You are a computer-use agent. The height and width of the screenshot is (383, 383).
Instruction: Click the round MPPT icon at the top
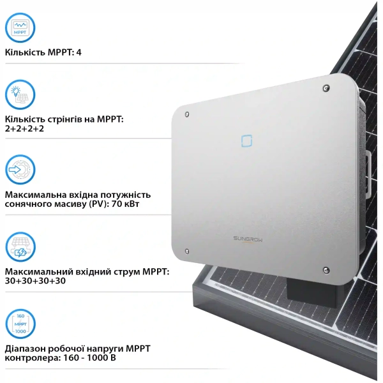pyautogui.click(x=20, y=27)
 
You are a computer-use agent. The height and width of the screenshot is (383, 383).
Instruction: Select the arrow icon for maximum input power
pyautogui.click(x=20, y=169)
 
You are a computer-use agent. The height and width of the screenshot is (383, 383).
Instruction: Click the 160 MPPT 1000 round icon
pyautogui.click(x=20, y=324)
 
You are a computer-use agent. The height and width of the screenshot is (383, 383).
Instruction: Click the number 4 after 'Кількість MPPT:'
pyautogui.click(x=79, y=52)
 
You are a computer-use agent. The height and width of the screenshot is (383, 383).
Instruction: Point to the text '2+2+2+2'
pyautogui.click(x=26, y=128)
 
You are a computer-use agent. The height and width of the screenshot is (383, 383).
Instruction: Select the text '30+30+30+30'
pyautogui.click(x=35, y=281)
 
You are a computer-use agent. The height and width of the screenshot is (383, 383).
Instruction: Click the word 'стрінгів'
pyautogui.click(x=68, y=119)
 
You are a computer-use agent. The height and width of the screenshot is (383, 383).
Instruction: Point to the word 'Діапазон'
pyautogui.click(x=28, y=349)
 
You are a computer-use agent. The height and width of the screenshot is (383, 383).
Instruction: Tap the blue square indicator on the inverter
pyautogui.click(x=246, y=139)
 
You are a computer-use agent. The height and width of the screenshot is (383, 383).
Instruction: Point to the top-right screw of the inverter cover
pyautogui.click(x=326, y=88)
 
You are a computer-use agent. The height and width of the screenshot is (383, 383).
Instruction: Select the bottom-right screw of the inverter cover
pyautogui.click(x=326, y=269)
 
